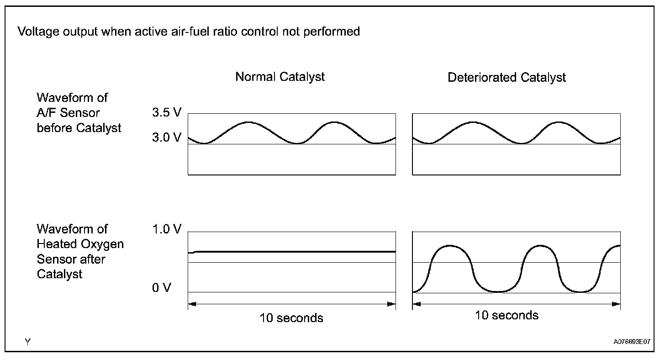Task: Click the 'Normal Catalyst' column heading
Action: (280, 77)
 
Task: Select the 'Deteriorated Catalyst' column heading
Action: (507, 78)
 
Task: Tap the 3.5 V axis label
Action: (167, 113)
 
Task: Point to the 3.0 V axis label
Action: (167, 137)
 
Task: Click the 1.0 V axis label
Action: (167, 229)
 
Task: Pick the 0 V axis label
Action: (162, 288)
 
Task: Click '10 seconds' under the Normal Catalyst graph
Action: (291, 318)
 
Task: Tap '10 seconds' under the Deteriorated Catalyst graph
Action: (507, 315)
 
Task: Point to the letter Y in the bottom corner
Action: (28, 341)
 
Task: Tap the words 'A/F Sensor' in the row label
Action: (68, 113)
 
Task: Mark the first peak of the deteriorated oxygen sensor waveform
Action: (450, 246)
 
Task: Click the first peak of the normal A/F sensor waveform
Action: (248, 122)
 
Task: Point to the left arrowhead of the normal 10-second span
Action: (191, 303)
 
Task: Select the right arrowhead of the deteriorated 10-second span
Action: (617, 304)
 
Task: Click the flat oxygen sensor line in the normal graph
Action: (292, 251)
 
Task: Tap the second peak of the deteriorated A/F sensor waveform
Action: (559, 122)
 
